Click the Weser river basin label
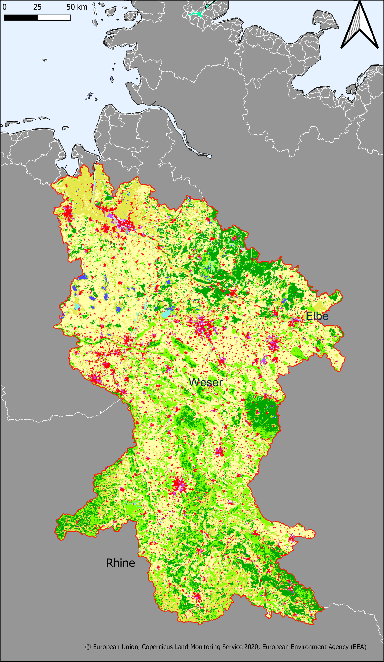(x=206, y=382)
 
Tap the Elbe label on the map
(x=317, y=316)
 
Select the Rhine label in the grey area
(x=120, y=563)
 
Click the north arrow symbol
(x=360, y=26)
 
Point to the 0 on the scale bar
(x=4, y=7)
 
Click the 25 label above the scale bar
(x=37, y=7)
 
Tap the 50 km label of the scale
(x=77, y=7)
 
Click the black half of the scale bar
(x=21, y=18)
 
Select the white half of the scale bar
(x=54, y=18)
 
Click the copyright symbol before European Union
(x=88, y=647)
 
